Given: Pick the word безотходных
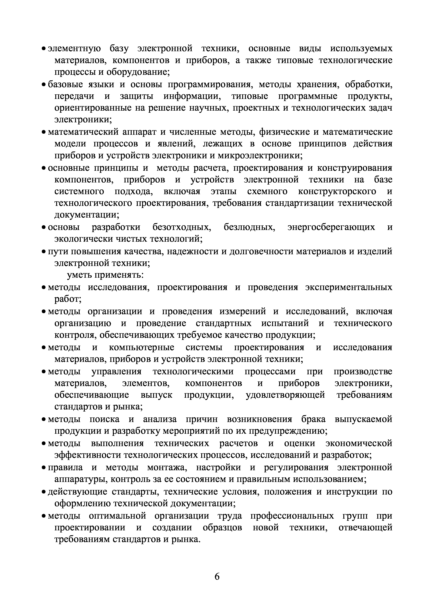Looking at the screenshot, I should point(181,227).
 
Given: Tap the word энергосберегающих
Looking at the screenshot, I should point(331,227).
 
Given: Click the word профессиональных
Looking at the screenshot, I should point(292,515).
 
